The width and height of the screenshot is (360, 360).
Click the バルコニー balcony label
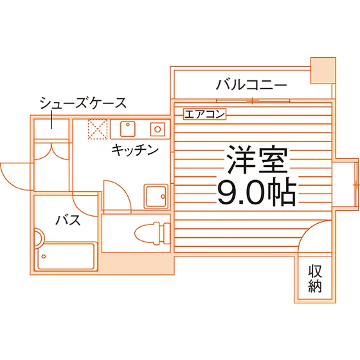(x=251, y=85)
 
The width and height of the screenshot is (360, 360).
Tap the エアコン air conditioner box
(x=205, y=114)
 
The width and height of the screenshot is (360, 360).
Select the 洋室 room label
(x=257, y=159)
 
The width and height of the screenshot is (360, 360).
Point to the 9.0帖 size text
(x=256, y=192)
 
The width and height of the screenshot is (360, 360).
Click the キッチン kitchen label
(x=135, y=150)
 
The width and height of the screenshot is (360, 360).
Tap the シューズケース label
(x=83, y=103)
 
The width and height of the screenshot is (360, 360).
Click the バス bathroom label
(x=68, y=220)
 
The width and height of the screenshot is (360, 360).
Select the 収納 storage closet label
(x=315, y=278)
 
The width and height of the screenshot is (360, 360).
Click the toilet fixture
(x=152, y=233)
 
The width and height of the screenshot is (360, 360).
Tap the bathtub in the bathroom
(x=66, y=256)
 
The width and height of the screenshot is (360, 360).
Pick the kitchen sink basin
(x=128, y=129)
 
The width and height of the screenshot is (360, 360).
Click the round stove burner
(x=157, y=129)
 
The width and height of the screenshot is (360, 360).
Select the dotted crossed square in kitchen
(x=98, y=129)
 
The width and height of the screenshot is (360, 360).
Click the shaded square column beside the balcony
(x=323, y=71)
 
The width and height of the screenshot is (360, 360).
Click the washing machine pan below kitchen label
(x=156, y=196)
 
